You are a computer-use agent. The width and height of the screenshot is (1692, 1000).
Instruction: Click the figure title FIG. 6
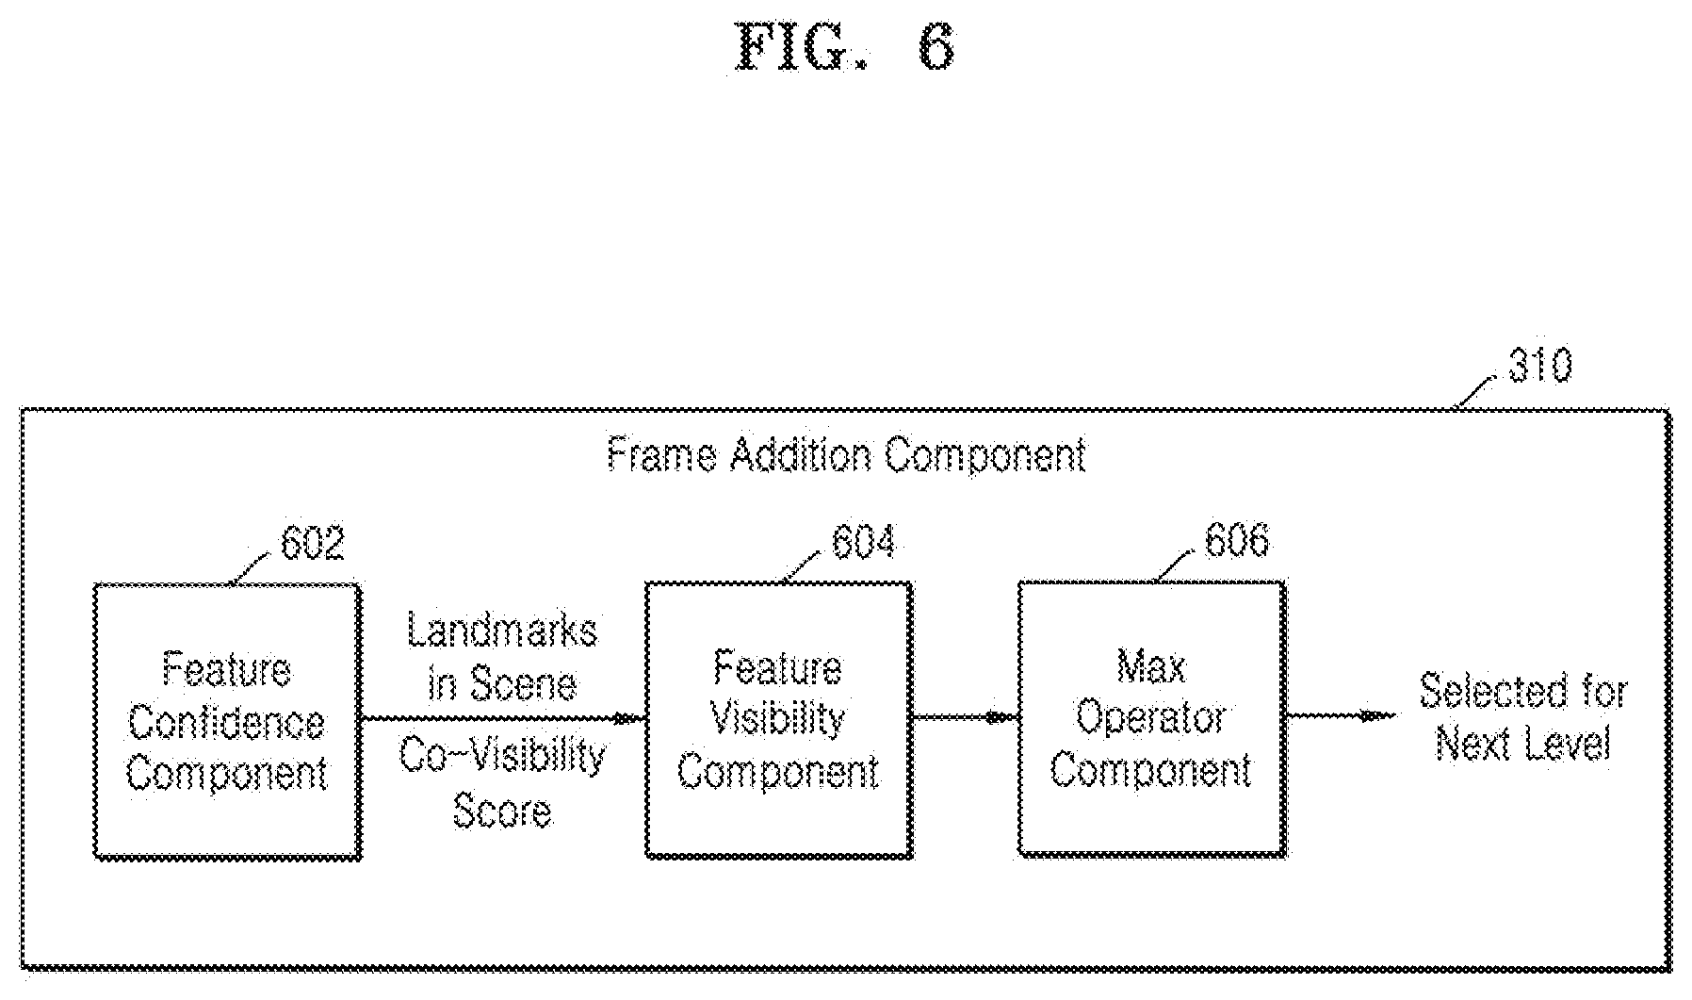(x=844, y=47)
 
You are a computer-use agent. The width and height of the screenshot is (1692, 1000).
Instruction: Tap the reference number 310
(x=1540, y=365)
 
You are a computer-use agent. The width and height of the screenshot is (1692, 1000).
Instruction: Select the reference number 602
(x=313, y=543)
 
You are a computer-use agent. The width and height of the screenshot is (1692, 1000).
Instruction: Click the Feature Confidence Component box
(x=227, y=721)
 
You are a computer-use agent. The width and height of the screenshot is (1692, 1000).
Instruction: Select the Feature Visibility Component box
(x=778, y=719)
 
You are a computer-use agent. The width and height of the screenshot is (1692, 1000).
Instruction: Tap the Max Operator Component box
(x=1151, y=718)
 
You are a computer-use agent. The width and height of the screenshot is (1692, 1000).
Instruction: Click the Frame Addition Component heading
(x=846, y=455)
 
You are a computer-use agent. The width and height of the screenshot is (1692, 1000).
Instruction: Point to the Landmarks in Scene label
(x=502, y=657)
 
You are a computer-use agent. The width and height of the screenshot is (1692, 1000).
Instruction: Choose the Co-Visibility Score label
(x=502, y=782)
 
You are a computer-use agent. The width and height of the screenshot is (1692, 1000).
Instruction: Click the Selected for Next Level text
(x=1523, y=717)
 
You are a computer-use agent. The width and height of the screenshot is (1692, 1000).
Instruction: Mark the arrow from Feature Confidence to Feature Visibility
(x=503, y=719)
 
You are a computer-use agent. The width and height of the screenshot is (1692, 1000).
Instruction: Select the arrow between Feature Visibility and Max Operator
(x=966, y=718)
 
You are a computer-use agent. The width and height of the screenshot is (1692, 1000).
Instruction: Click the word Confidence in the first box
(x=227, y=723)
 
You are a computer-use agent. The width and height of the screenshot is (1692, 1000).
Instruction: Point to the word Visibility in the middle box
(x=777, y=720)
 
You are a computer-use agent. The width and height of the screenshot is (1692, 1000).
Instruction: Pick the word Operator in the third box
(x=1151, y=719)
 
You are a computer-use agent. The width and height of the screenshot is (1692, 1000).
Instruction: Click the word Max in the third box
(x=1151, y=668)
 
